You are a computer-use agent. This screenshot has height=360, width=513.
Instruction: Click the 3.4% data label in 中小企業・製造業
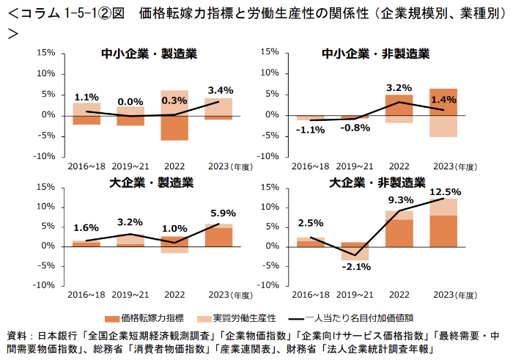coord(221,91)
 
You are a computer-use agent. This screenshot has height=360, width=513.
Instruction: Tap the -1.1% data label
coord(311,130)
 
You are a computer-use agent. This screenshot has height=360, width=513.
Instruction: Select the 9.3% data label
coord(399,199)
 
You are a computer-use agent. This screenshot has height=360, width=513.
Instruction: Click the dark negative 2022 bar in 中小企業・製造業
coord(175,128)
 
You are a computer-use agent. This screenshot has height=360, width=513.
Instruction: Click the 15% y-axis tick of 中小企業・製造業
coord(45,53)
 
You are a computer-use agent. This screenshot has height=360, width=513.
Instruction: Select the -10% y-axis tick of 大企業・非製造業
coord(267,285)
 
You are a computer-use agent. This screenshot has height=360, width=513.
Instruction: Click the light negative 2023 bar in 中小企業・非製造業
coord(443,126)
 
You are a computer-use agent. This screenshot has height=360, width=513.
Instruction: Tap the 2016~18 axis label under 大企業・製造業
coord(87,295)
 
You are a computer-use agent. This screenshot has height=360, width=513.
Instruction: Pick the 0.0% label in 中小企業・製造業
coord(130,102)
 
